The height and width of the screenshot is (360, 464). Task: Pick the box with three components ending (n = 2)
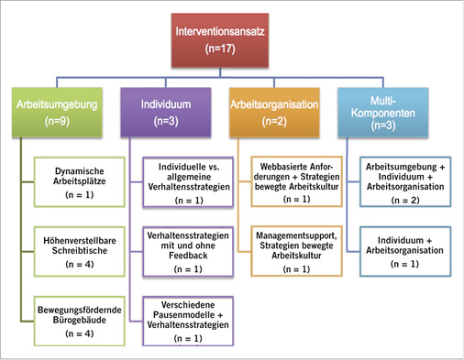402,182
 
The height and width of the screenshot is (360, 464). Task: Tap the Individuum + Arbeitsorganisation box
402,250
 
